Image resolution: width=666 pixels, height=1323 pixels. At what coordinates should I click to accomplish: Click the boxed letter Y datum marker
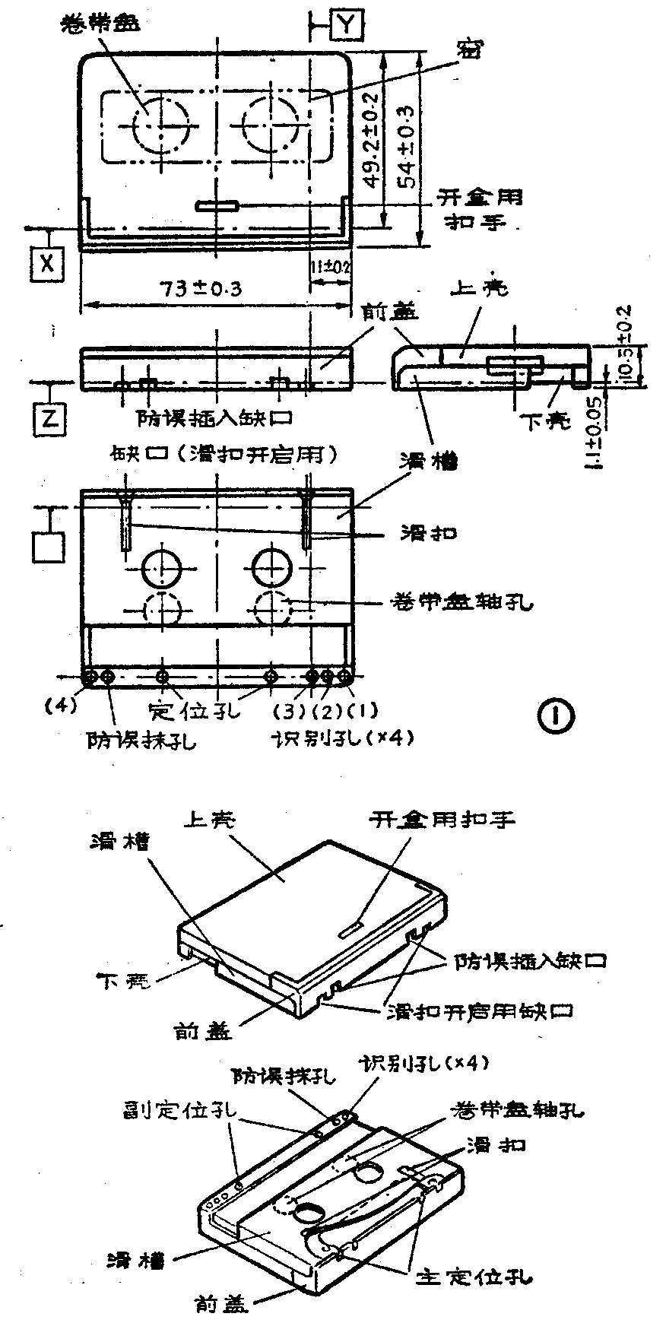tap(347, 24)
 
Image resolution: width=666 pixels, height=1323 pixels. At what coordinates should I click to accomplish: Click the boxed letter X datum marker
tap(48, 263)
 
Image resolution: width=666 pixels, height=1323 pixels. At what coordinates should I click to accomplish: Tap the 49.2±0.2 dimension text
tap(372, 141)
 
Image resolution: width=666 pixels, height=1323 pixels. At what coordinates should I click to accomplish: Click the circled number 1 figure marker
tap(557, 714)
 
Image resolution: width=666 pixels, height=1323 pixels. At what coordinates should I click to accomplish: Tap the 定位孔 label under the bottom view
tap(194, 711)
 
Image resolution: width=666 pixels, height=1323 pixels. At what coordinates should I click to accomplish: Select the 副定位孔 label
tap(179, 1111)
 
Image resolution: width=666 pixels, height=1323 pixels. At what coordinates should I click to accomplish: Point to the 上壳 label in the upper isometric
tap(210, 820)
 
